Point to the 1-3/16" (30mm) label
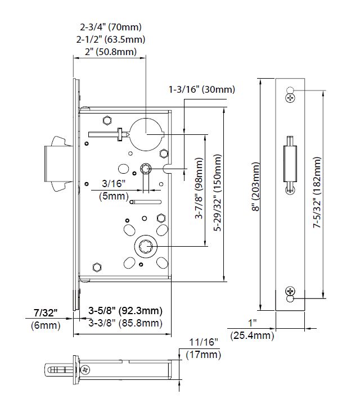(202, 89)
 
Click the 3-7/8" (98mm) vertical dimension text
(199, 189)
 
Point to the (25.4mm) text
(252, 336)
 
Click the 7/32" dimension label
(45, 312)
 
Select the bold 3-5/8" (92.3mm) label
(125, 311)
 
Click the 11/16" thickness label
(201, 342)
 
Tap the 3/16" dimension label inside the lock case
(114, 184)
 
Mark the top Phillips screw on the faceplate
(290, 98)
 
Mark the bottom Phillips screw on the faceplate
(290, 291)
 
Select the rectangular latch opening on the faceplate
(290, 163)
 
